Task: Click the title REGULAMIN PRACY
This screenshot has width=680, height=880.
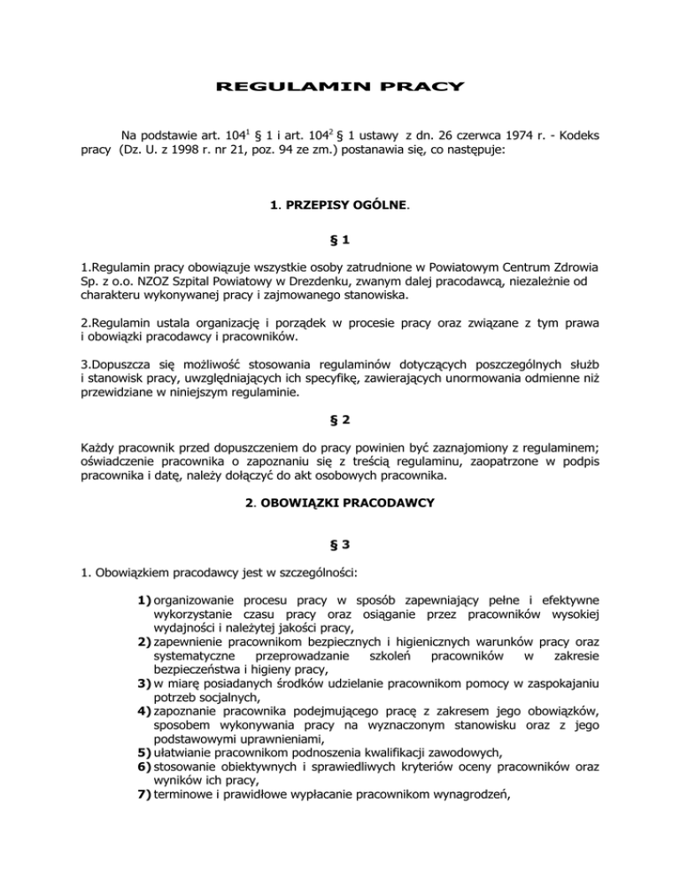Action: (x=340, y=87)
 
